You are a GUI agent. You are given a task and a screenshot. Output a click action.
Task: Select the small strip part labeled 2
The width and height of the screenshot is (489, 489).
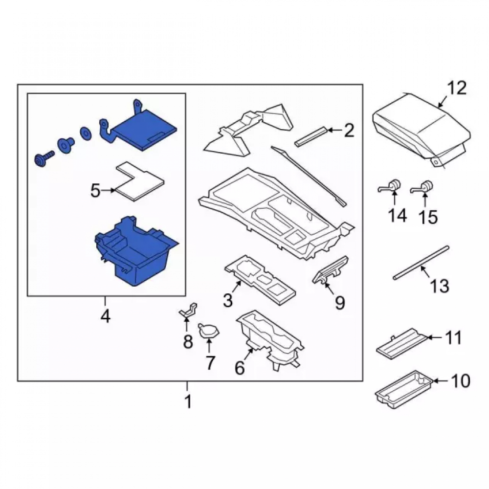[x=311, y=135]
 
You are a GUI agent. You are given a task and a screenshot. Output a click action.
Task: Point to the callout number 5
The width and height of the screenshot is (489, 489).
[x=95, y=191]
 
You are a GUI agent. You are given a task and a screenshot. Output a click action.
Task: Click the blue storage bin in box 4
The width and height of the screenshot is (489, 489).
[x=136, y=251]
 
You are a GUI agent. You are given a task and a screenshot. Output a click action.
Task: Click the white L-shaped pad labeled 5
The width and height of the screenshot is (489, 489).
[x=139, y=181]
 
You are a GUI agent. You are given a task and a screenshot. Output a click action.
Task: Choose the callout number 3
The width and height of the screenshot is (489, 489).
[x=228, y=301]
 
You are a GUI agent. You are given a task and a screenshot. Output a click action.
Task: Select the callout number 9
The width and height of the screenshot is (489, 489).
[x=340, y=302]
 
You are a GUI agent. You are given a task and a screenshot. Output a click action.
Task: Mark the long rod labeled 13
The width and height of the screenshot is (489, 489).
[x=421, y=262]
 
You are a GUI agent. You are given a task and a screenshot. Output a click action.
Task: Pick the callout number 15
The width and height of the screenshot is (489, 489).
[x=428, y=217]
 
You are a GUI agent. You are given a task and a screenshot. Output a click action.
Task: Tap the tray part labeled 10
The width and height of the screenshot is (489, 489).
[x=404, y=389]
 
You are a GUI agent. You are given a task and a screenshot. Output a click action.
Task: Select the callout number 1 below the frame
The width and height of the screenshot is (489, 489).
[x=188, y=401]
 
